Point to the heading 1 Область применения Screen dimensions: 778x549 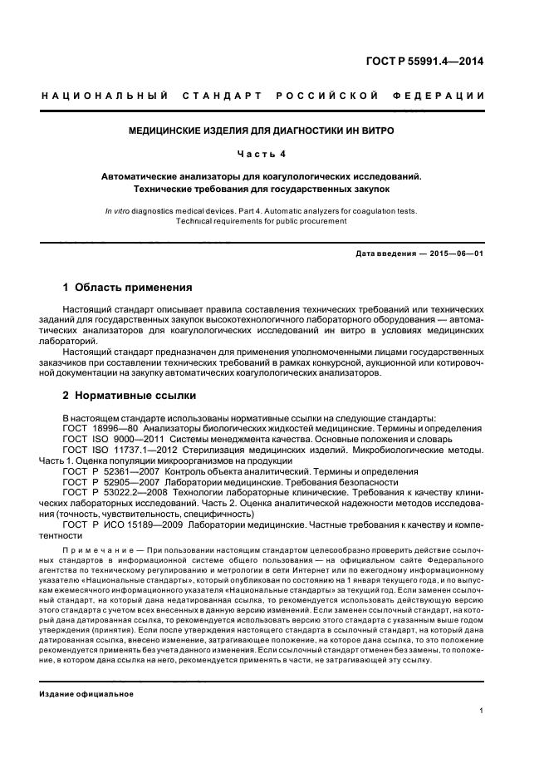pos(127,288)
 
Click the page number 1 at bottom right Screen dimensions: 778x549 pos(482,710)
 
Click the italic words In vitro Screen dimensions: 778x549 pos(118,211)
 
